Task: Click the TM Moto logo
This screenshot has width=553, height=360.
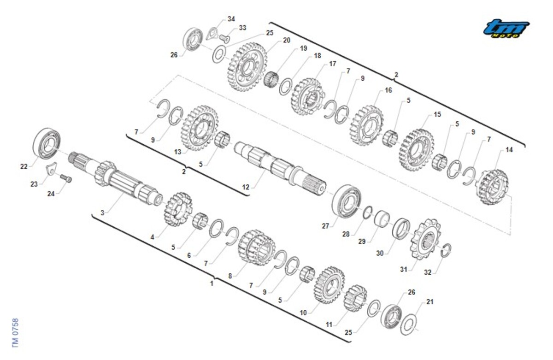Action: click(506, 29)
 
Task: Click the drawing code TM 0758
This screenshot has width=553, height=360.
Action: click(15, 333)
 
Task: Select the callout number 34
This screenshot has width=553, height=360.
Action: click(231, 19)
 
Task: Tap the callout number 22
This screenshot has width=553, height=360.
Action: click(24, 167)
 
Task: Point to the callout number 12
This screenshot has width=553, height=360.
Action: click(246, 187)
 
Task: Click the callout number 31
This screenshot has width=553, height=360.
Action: click(403, 269)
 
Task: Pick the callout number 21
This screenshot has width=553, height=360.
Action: click(430, 301)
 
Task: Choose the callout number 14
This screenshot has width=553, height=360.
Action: click(509, 150)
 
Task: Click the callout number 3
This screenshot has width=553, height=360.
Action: click(102, 212)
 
